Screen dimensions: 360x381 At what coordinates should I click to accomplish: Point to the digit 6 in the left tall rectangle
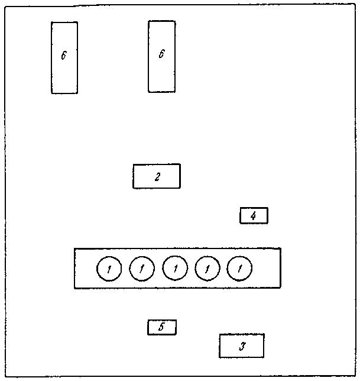pyautogui.click(x=64, y=55)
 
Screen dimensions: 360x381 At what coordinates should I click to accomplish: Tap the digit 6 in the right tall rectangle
pyautogui.click(x=161, y=54)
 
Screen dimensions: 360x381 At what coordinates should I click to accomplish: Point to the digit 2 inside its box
pyautogui.click(x=157, y=176)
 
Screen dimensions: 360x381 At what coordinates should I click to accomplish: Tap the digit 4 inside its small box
pyautogui.click(x=253, y=216)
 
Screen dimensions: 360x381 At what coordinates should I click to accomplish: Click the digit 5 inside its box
pyautogui.click(x=162, y=327)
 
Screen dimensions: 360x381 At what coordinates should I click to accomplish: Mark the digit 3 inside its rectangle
pyautogui.click(x=242, y=346)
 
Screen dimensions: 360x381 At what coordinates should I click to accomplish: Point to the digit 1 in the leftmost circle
pyautogui.click(x=109, y=269)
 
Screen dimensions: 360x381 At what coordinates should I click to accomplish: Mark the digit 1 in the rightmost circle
pyautogui.click(x=240, y=269)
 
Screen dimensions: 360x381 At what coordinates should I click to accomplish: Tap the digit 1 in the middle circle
pyautogui.click(x=175, y=269)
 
